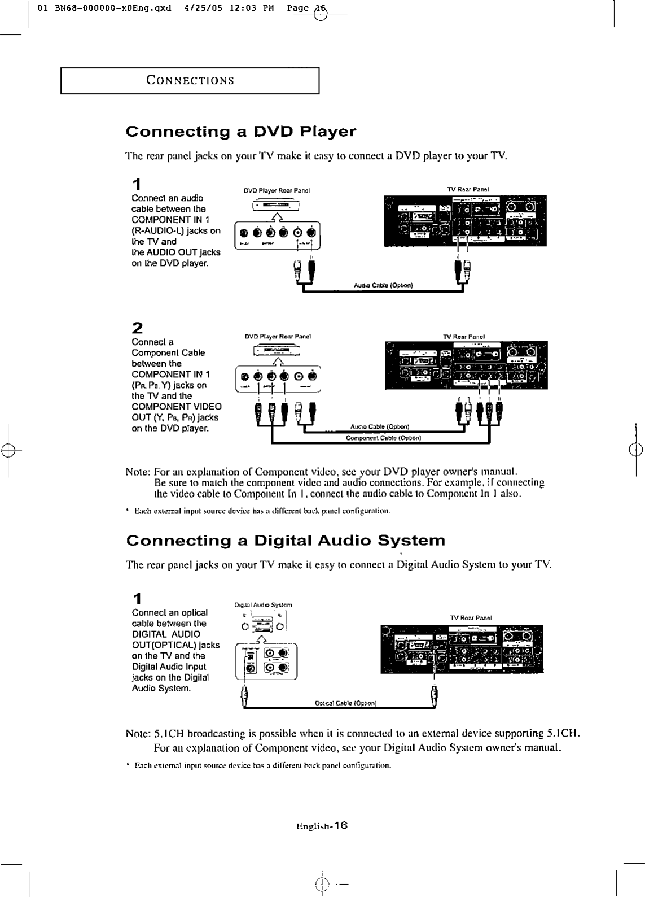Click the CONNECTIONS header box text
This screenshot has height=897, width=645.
(190, 80)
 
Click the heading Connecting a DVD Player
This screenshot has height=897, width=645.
(240, 132)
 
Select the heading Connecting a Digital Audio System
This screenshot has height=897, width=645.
(286, 541)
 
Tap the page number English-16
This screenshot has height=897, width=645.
(321, 825)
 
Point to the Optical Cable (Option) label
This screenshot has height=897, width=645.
(345, 703)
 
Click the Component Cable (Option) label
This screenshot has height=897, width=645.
(383, 438)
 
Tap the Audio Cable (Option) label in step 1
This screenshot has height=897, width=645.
(383, 285)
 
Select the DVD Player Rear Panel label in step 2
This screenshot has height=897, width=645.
(278, 336)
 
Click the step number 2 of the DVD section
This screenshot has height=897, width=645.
(137, 328)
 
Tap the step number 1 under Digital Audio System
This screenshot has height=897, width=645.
(136, 599)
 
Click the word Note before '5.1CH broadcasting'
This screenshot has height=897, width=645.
(137, 735)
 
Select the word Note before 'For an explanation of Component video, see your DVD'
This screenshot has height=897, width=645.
(137, 472)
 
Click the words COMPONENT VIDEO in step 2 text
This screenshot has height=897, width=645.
(177, 407)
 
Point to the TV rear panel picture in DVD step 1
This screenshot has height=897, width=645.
(465, 220)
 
